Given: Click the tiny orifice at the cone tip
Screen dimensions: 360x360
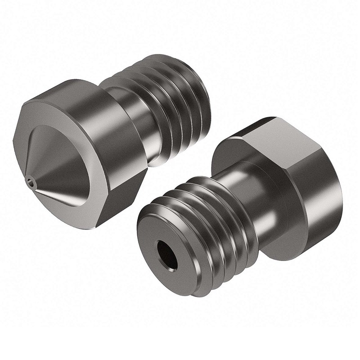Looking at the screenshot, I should [30, 182].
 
